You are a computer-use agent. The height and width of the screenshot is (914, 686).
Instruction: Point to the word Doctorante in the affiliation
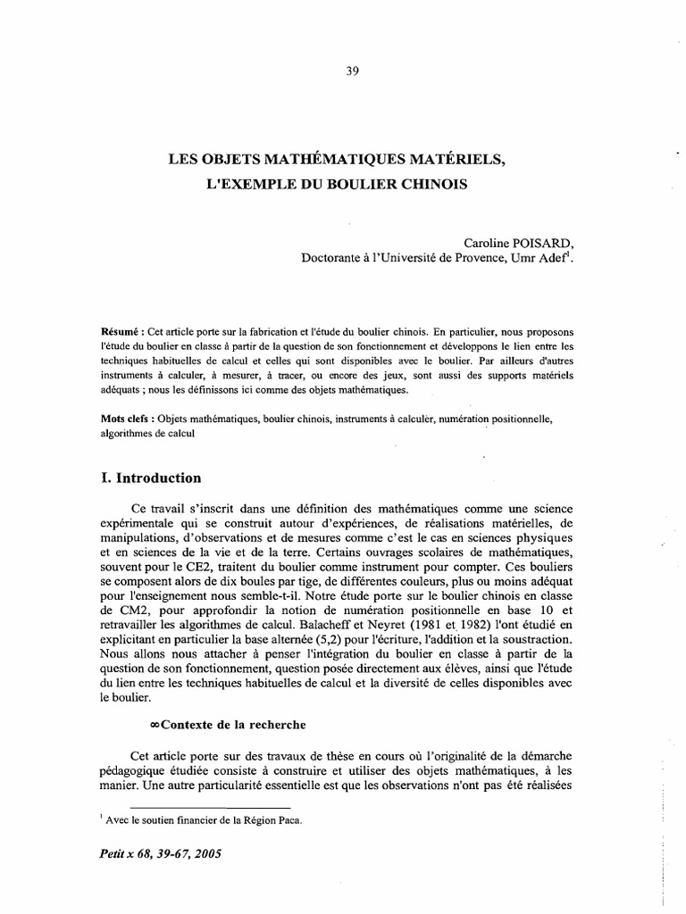(337, 259)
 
